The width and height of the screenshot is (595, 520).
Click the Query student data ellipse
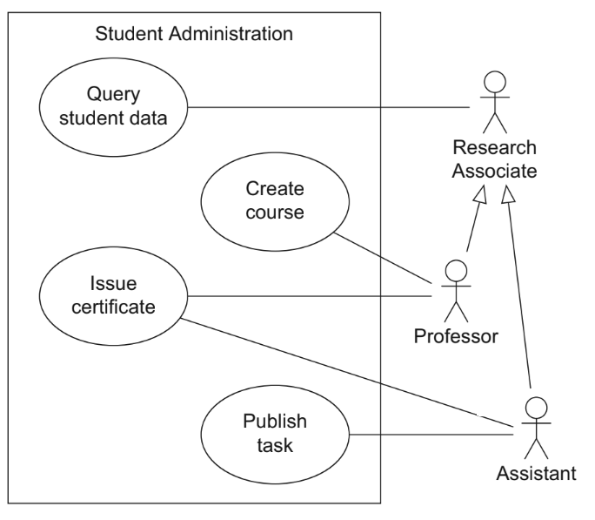point(114,106)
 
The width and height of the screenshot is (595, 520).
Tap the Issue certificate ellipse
point(114,295)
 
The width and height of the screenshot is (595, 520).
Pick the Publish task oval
point(275,434)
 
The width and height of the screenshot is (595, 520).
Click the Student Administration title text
point(194,35)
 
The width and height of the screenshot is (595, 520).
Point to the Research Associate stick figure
point(494,100)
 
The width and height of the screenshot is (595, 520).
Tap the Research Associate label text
point(493,159)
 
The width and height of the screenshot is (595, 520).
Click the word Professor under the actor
point(456,335)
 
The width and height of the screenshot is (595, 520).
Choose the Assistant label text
point(536,474)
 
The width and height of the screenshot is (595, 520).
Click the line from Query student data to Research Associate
point(331,107)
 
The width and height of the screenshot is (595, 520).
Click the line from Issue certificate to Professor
point(313,295)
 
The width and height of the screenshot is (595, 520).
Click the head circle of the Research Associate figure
point(494,84)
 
